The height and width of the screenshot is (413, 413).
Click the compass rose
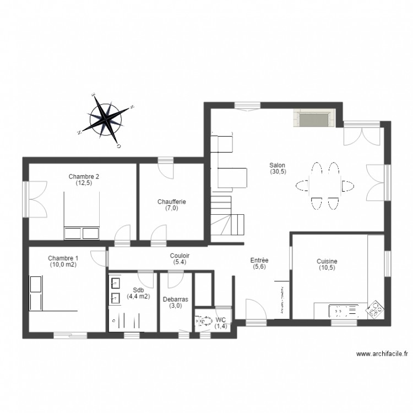[x=106, y=119]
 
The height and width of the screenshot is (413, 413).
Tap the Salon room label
[x=277, y=165]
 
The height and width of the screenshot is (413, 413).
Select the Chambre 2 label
[x=84, y=176]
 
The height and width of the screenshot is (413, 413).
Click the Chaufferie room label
[x=171, y=202]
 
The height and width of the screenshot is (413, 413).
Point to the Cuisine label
[x=327, y=262]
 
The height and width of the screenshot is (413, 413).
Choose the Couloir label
[x=180, y=256]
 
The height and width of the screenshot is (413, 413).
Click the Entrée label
[x=259, y=260]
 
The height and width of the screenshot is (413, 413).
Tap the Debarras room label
[x=176, y=300]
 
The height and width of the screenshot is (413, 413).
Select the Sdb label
[x=138, y=290]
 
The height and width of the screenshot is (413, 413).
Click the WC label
[x=221, y=319]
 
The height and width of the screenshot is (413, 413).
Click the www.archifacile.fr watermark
[x=381, y=354]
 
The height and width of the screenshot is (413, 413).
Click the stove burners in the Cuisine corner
[x=375, y=309]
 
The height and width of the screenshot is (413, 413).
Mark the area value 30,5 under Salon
[x=277, y=171]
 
